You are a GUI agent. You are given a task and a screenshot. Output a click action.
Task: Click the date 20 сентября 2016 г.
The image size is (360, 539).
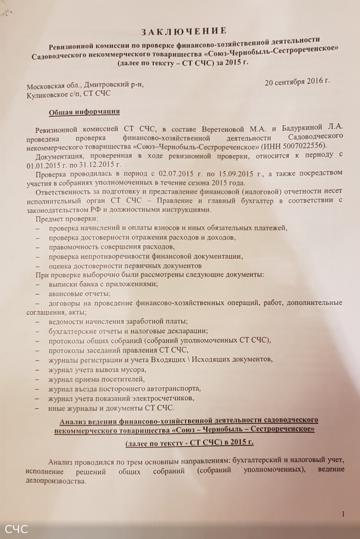click(297, 80)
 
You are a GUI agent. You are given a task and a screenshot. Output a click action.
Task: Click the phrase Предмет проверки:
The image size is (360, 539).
click(67, 218)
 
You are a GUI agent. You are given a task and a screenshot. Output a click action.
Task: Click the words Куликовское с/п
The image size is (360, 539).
click(56, 95)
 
